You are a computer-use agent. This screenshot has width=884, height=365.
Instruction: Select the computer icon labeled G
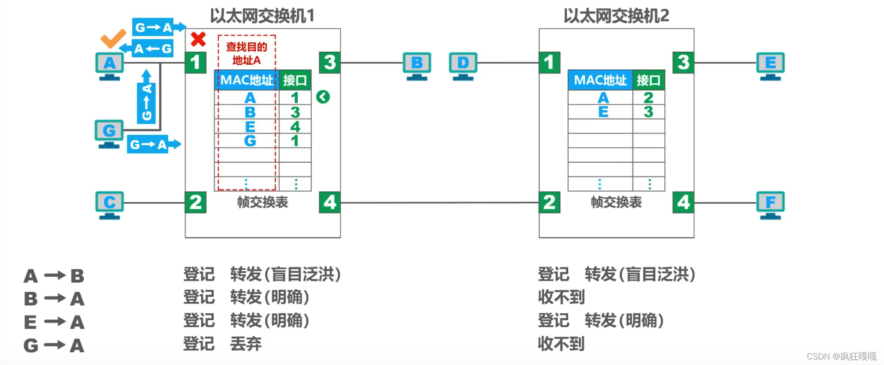pyautogui.click(x=109, y=133)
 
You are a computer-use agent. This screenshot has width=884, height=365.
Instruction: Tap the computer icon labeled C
pyautogui.click(x=110, y=204)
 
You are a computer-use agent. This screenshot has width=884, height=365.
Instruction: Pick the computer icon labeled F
pyautogui.click(x=770, y=204)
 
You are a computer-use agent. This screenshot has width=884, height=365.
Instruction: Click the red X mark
pyautogui.click(x=198, y=39)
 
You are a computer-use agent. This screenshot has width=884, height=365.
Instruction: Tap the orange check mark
pyautogui.click(x=113, y=39)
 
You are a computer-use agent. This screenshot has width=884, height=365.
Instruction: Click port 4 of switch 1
pyautogui.click(x=330, y=202)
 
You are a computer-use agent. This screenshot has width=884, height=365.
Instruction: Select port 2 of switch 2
pyautogui.click(x=549, y=202)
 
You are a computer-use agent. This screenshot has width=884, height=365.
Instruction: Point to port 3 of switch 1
pyautogui.click(x=330, y=62)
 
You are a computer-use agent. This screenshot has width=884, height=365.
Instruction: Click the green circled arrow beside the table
pyautogui.click(x=323, y=97)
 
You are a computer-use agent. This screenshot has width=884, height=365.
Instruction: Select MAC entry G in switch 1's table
pyautogui.click(x=250, y=141)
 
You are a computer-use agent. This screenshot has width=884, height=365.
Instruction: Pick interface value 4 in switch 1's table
pyautogui.click(x=295, y=127)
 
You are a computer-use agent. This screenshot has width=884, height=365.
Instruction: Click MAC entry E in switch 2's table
pyautogui.click(x=603, y=112)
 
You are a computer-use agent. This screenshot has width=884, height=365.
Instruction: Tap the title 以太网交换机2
pyautogui.click(x=616, y=16)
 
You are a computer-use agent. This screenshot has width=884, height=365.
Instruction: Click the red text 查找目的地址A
pyautogui.click(x=246, y=54)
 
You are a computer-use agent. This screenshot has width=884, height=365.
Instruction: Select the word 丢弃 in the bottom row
pyautogui.click(x=246, y=344)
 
